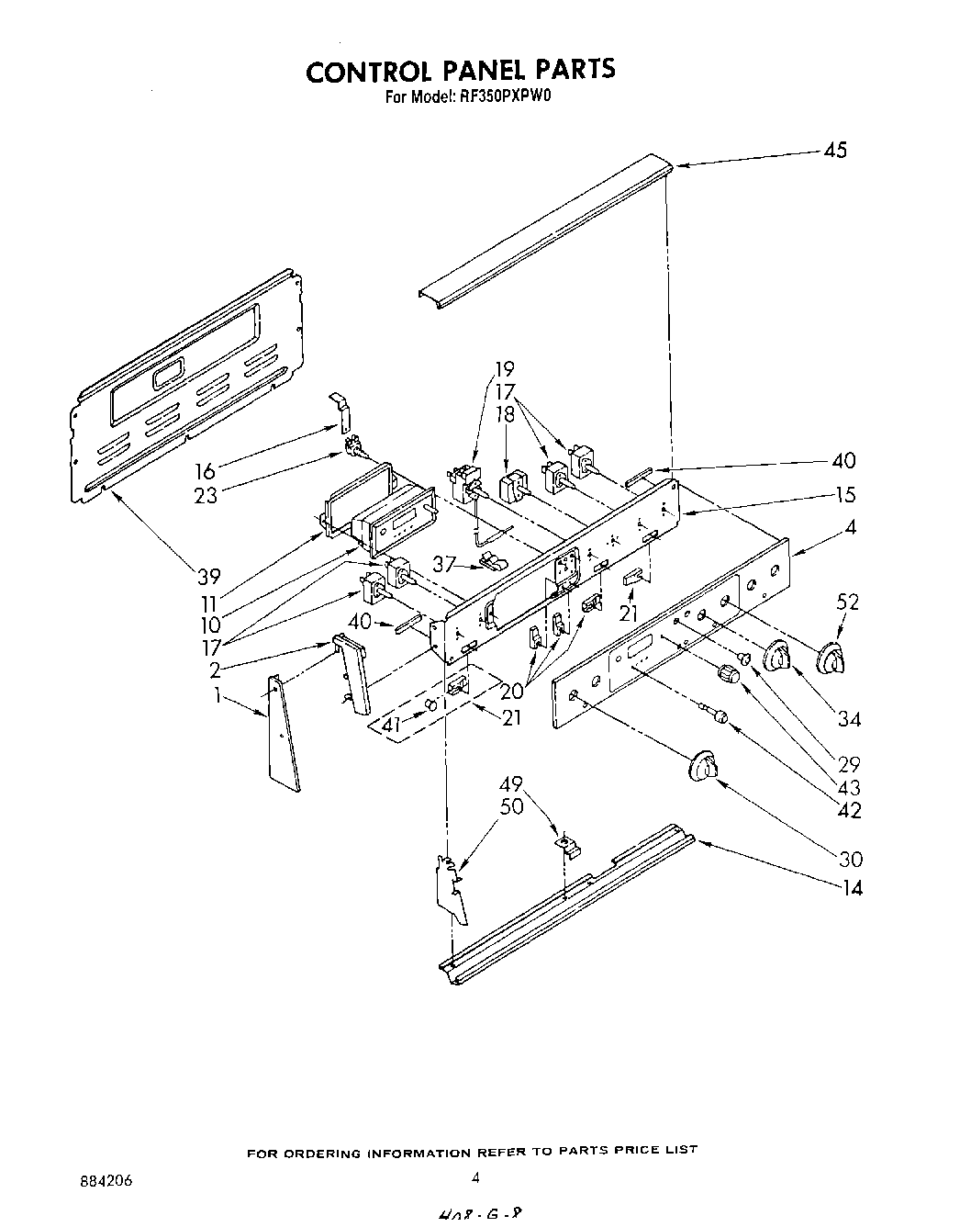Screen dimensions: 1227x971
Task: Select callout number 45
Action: [x=835, y=151]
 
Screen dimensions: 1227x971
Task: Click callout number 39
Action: [x=209, y=577]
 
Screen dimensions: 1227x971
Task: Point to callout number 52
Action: [x=848, y=602]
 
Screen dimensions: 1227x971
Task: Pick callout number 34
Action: [x=850, y=718]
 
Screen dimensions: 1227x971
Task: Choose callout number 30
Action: [x=851, y=859]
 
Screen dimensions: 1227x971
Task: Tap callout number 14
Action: [x=852, y=887]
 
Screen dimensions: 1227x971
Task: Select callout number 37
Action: [x=445, y=564]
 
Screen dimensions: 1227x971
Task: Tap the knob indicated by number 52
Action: [x=831, y=658]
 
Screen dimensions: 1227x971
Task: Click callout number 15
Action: [x=845, y=495]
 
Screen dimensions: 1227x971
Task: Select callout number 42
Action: [x=850, y=811]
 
